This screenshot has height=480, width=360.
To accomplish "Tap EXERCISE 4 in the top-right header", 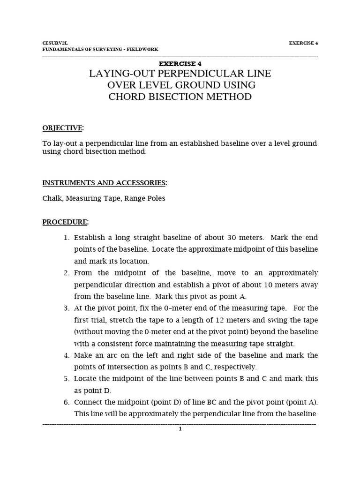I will [x=303, y=43].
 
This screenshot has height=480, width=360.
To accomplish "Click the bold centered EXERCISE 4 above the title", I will [x=180, y=64].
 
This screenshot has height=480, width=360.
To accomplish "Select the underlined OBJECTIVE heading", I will [x=62, y=128].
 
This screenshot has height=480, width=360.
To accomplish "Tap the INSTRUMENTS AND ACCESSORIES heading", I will [x=104, y=182].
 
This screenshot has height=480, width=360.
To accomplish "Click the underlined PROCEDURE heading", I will [x=65, y=221].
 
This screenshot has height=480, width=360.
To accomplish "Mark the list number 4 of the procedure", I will [x=67, y=355].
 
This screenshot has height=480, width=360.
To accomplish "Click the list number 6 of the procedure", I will [x=67, y=402].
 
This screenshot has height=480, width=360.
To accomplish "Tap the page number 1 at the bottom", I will [x=180, y=428].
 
